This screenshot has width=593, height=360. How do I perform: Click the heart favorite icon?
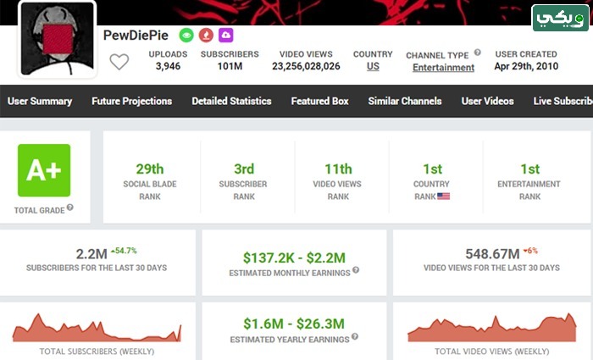pos(119,62)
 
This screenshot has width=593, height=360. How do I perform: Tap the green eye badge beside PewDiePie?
pos(186,36)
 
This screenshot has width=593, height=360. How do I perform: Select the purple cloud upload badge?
pos(226,36)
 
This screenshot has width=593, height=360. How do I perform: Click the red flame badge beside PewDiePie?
pos(206,36)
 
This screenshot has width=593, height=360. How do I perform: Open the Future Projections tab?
pos(131,101)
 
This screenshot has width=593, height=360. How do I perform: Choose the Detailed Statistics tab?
pos(231,101)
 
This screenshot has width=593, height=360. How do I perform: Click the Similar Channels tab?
pos(405,101)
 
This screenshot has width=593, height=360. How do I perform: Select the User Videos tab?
pos(487,101)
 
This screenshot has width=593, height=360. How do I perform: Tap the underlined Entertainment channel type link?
pos(443,67)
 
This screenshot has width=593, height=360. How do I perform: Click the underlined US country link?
pos(373,66)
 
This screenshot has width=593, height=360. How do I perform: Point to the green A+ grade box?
pos(44,170)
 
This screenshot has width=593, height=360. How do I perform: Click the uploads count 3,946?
pos(168,66)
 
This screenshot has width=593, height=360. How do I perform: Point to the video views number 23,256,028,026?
pos(306,66)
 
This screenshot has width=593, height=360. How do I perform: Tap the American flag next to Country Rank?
pos(444,197)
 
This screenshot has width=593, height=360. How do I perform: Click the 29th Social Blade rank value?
pos(150,169)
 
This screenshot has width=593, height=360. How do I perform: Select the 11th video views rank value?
pos(338,169)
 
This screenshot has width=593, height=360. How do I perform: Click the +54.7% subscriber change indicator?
pos(124,251)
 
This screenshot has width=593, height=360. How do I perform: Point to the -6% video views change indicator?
pos(530,251)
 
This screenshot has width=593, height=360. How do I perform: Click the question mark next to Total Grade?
pos(70,208)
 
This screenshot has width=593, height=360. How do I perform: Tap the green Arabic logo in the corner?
pos(561,18)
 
